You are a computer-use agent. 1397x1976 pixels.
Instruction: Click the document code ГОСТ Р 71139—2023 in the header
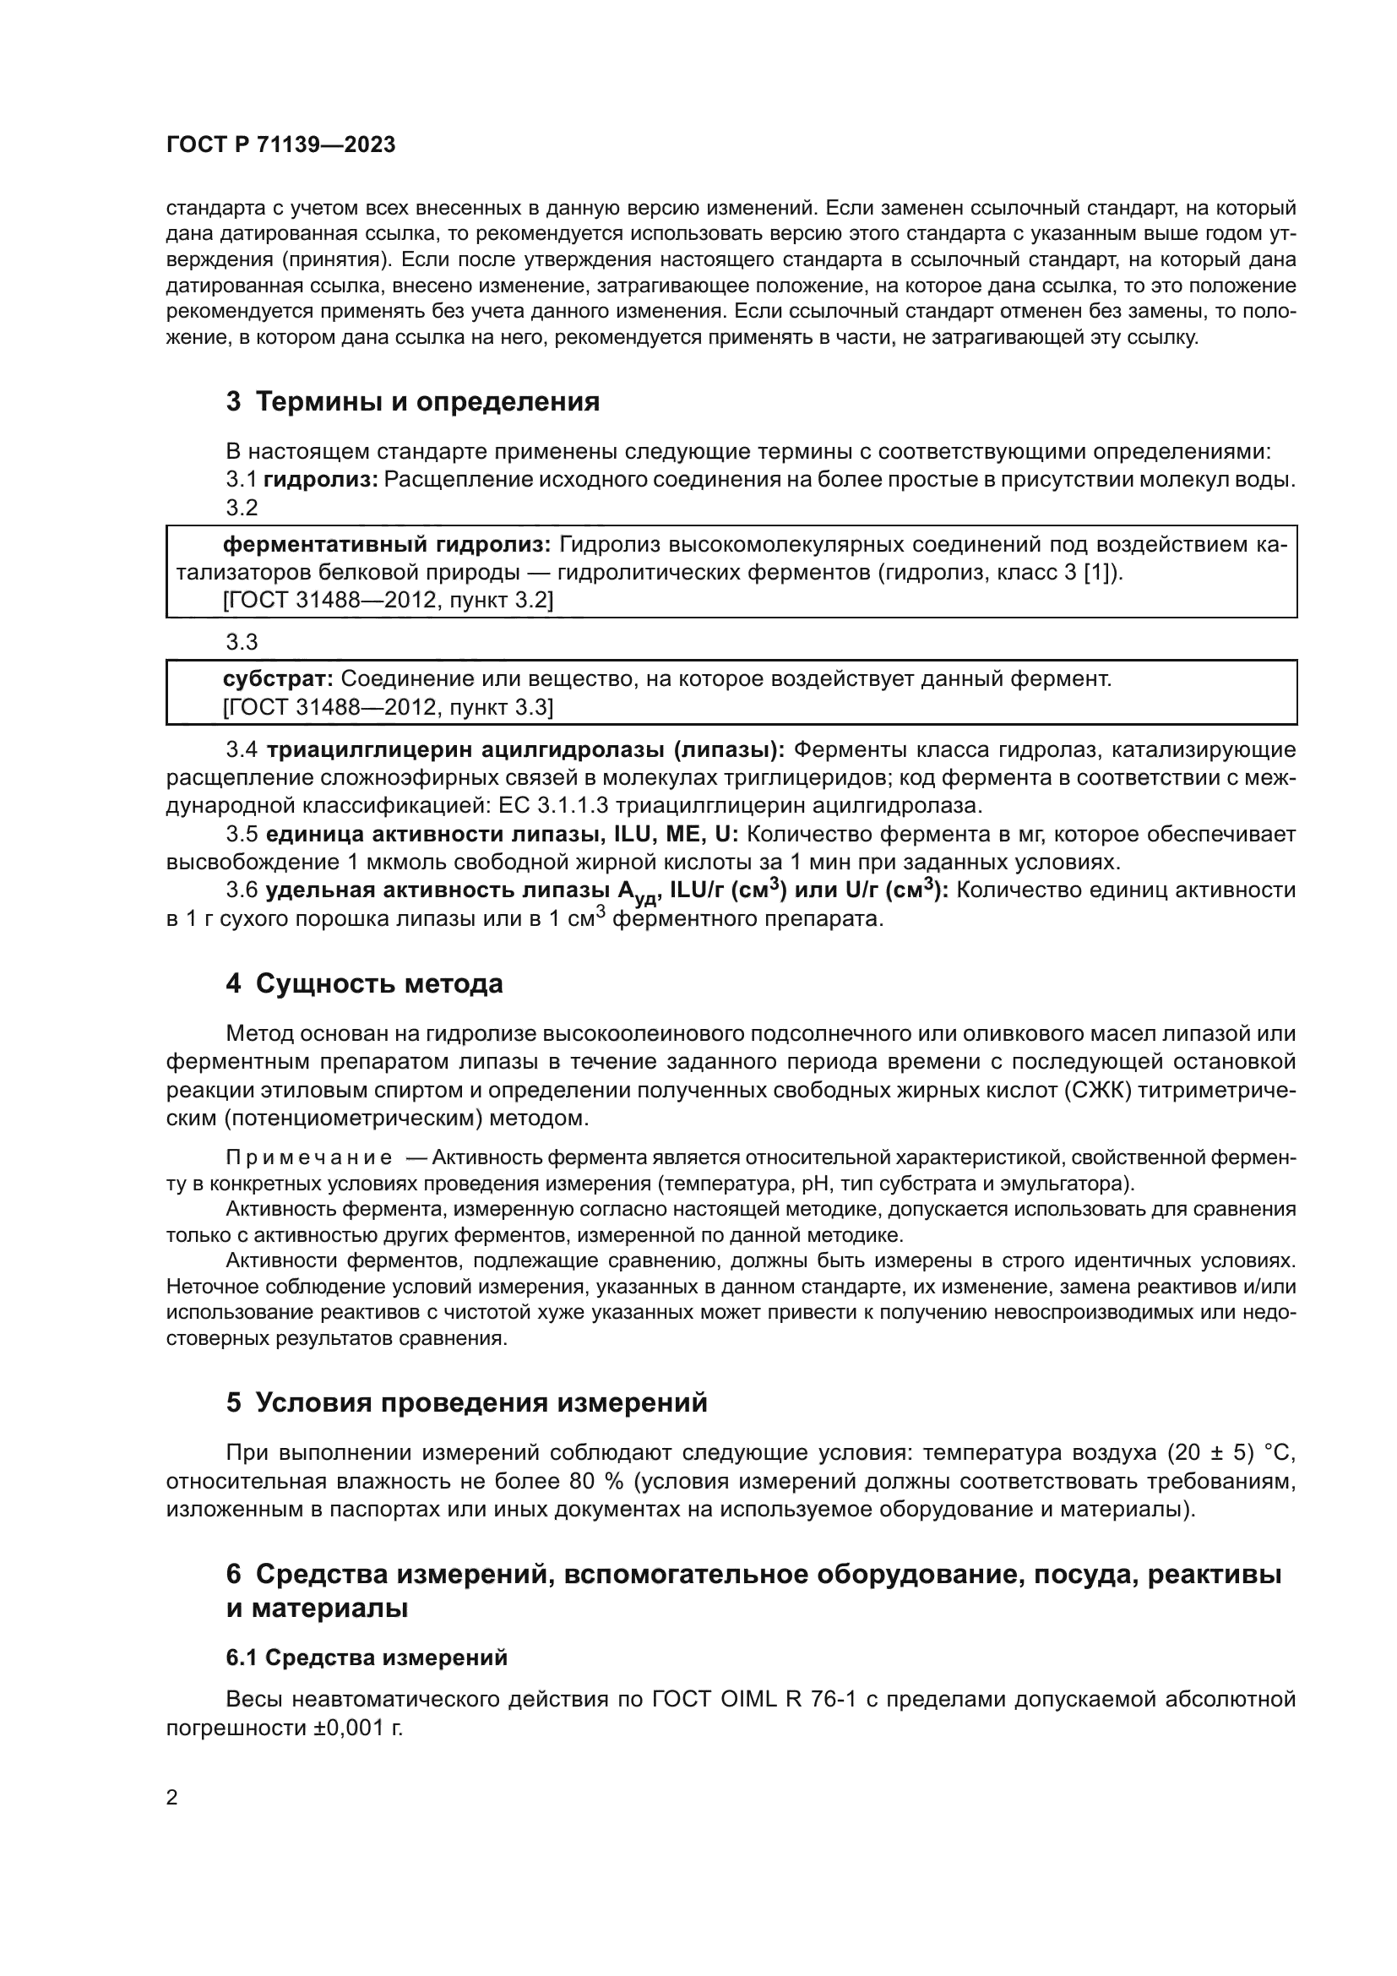(280, 144)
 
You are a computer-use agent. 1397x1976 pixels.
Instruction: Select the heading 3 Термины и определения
(413, 401)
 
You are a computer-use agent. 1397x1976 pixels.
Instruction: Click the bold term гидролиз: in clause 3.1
(321, 479)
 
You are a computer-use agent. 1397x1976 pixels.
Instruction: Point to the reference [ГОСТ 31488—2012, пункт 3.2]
(388, 600)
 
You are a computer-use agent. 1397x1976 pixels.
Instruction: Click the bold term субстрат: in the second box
(278, 679)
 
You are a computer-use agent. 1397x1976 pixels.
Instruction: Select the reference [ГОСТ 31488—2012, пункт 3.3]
(388, 707)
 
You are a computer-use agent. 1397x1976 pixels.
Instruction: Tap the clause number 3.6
(242, 890)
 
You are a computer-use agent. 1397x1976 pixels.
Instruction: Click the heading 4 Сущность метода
(365, 983)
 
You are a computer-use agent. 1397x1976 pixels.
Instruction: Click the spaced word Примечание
(309, 1157)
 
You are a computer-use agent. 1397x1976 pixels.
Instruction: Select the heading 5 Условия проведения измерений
(466, 1402)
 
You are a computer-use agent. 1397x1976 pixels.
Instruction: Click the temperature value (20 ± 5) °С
(1231, 1453)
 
